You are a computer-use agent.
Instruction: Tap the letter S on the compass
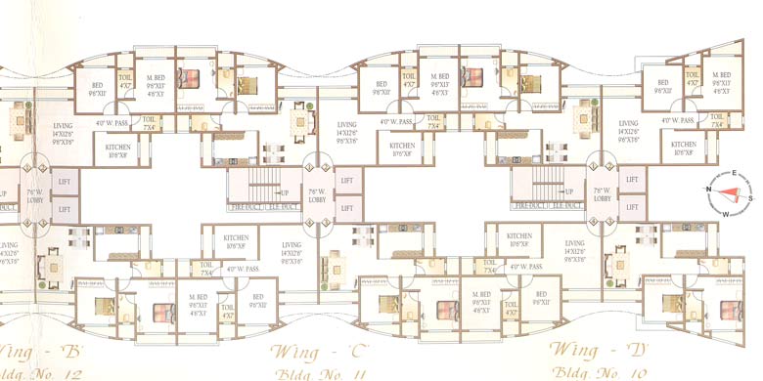(748, 195)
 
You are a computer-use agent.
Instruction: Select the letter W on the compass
(725, 214)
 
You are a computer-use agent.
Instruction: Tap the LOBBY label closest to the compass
(602, 198)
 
